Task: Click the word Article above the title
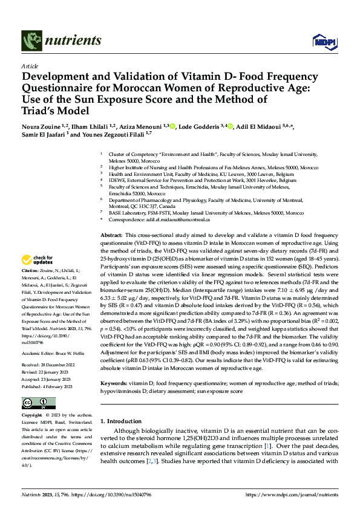pos(29,66)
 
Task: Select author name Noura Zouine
pos(39,125)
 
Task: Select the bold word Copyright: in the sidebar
pos(33,416)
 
